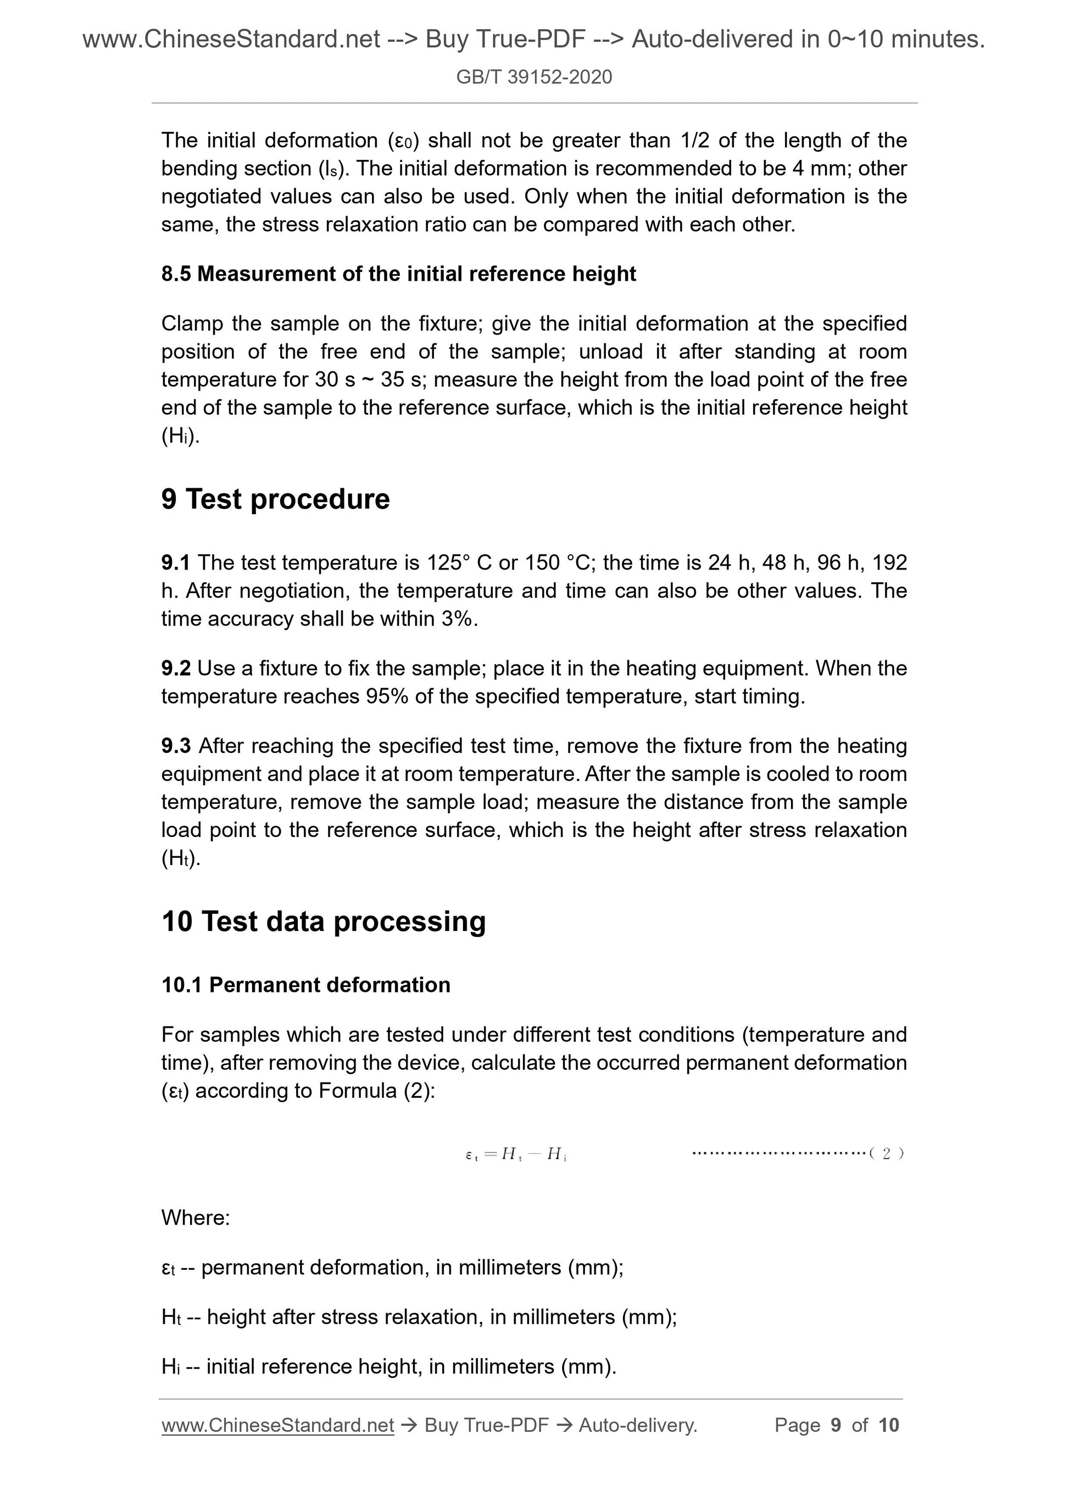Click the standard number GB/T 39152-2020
coord(533,77)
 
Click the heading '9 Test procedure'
coord(275,499)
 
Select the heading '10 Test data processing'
coord(324,920)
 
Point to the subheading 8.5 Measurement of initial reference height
coord(398,274)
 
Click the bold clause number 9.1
coord(175,562)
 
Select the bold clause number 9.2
coord(175,668)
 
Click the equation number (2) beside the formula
coord(886,1153)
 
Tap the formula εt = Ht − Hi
coord(516,1154)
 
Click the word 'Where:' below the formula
coord(196,1218)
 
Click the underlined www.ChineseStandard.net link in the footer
coord(277,1425)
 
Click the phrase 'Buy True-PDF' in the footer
coord(487,1425)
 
